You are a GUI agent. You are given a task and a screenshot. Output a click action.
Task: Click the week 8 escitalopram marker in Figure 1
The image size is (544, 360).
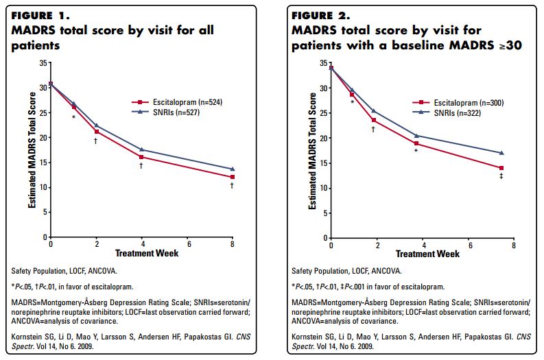233,177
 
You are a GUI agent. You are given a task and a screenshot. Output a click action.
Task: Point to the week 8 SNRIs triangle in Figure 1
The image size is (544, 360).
233,169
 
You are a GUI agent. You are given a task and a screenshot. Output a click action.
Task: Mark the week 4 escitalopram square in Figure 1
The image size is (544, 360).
141,157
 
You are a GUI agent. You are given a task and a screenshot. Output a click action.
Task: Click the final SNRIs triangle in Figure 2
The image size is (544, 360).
501,153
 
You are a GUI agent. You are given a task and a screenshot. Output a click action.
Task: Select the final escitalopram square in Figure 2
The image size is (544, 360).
501,168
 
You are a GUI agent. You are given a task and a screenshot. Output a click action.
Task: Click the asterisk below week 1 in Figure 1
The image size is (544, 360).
73,117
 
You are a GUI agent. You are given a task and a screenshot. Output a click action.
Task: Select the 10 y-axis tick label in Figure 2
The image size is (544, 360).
324,188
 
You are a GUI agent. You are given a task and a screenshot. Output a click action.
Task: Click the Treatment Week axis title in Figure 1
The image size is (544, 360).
141,253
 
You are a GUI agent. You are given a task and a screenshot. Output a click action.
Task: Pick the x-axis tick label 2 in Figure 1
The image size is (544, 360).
96,244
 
